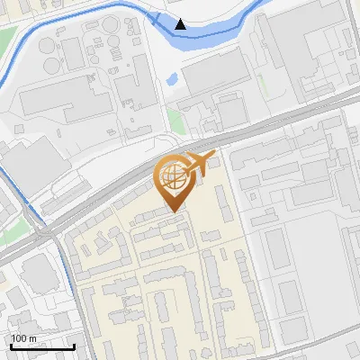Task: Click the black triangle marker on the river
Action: click(182, 24)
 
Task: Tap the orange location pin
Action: click(173, 180)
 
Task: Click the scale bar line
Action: click(42, 346)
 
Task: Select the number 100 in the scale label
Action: click(19, 338)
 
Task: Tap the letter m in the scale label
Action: click(32, 338)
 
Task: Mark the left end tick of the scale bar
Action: click(11, 345)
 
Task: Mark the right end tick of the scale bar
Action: click(74, 345)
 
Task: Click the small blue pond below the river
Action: click(172, 80)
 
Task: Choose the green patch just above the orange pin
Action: click(176, 121)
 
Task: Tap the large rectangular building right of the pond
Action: click(211, 72)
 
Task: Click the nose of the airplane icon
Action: click(213, 156)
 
